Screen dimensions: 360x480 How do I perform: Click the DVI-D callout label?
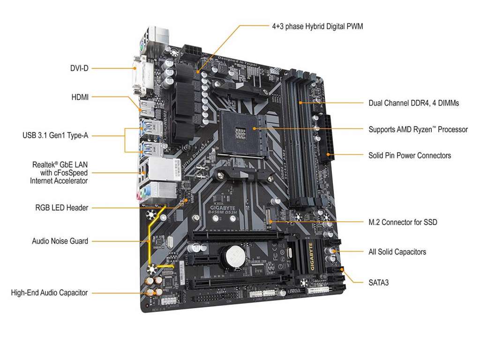(x=79, y=68)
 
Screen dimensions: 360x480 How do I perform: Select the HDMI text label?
(x=80, y=97)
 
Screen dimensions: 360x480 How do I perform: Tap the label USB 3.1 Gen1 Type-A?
(x=55, y=135)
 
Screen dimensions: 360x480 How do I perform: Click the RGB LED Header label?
(x=62, y=207)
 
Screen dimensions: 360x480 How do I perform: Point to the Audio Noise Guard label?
(x=60, y=241)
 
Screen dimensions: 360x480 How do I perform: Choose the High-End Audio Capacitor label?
(x=49, y=292)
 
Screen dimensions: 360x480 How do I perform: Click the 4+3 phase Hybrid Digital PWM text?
(x=317, y=26)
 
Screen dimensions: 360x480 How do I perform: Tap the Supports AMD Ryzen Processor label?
(x=418, y=129)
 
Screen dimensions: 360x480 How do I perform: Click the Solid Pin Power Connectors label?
(x=410, y=155)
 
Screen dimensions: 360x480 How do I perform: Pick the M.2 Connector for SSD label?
(x=403, y=222)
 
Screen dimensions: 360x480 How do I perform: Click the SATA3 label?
(x=378, y=282)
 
